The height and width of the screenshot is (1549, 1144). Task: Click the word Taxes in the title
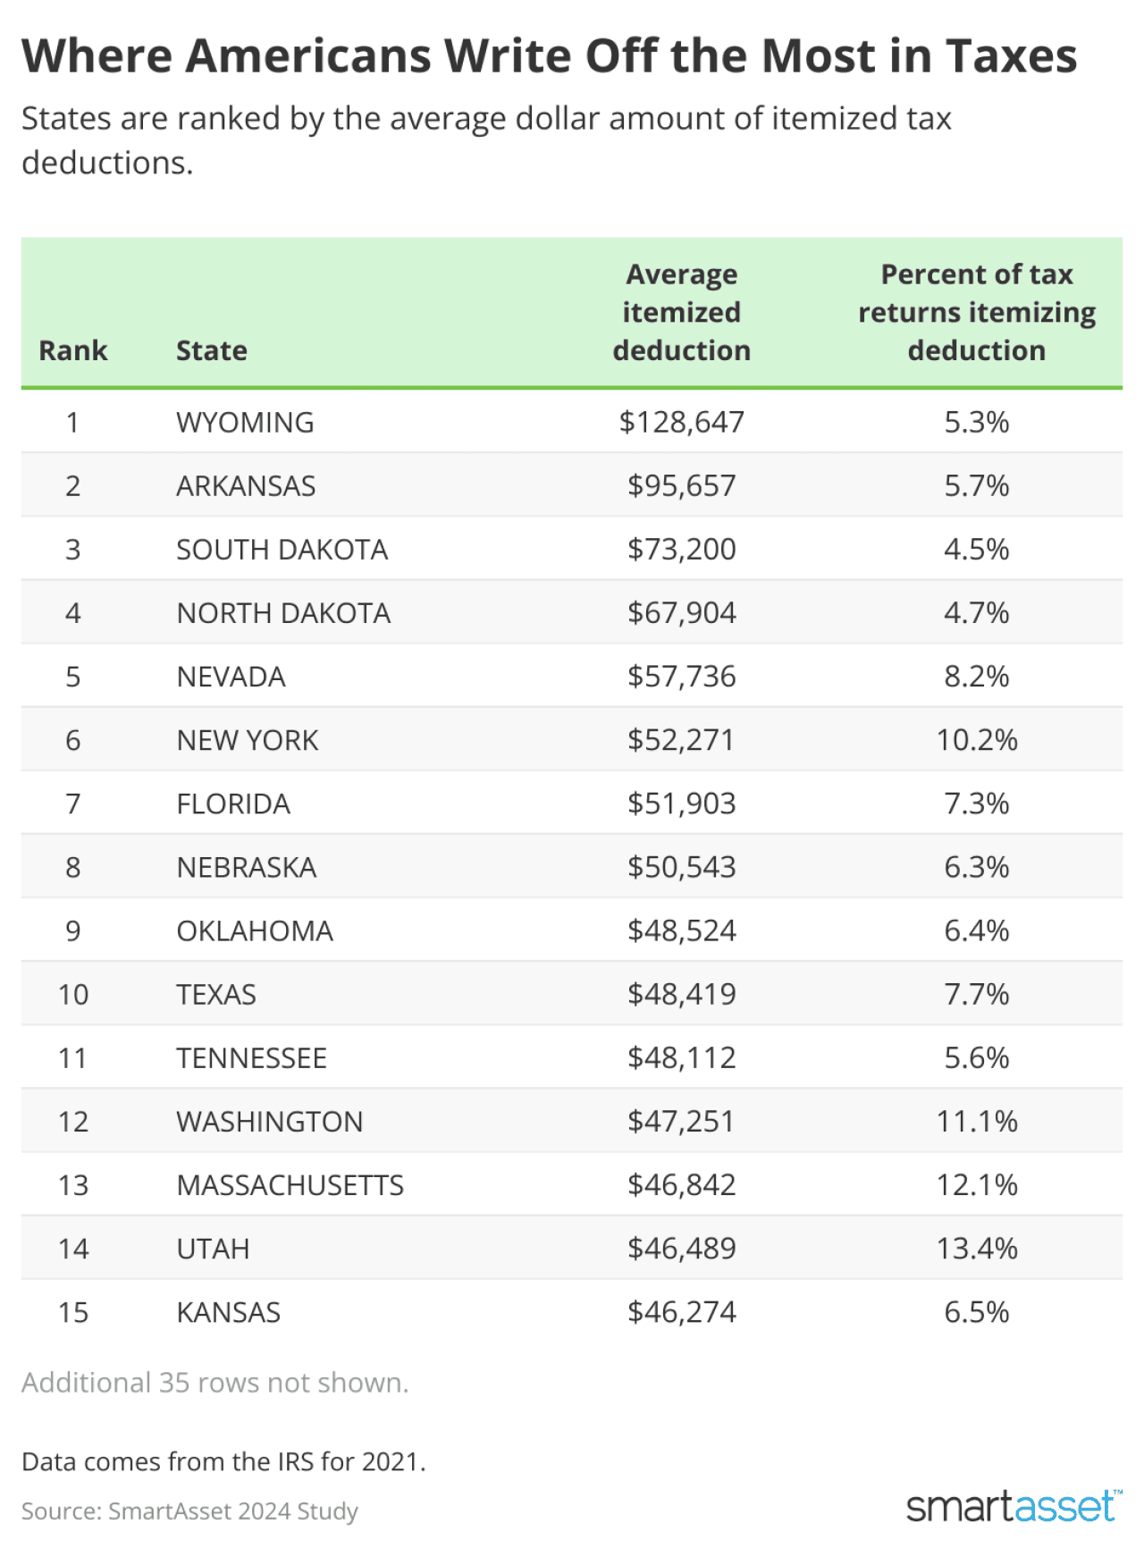1011,56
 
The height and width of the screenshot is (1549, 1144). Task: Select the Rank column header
73,350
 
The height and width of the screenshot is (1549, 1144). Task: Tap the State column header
212,350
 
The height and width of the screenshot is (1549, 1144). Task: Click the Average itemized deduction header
681,312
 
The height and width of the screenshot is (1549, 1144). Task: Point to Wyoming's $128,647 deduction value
681,422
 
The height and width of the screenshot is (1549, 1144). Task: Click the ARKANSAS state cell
246,485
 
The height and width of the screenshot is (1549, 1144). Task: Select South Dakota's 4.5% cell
976,549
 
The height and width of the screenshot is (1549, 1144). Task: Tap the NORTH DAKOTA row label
283,613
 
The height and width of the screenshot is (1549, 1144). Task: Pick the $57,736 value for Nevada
681,677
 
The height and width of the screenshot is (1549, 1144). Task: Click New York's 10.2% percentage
976,740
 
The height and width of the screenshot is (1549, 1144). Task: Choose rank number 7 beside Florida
73,804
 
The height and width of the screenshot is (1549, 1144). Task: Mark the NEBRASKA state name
247,867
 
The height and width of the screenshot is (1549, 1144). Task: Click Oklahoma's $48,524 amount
681,930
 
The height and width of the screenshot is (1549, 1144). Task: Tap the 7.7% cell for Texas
976,994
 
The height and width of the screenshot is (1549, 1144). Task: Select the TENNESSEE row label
251,1058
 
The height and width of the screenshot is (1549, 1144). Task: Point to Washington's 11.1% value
976,1122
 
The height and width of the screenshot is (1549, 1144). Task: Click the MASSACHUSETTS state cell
290,1185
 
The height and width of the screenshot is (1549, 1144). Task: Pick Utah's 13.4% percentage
976,1249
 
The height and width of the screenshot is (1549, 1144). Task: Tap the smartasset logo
1012,1506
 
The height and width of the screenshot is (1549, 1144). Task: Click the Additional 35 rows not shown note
214,1383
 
